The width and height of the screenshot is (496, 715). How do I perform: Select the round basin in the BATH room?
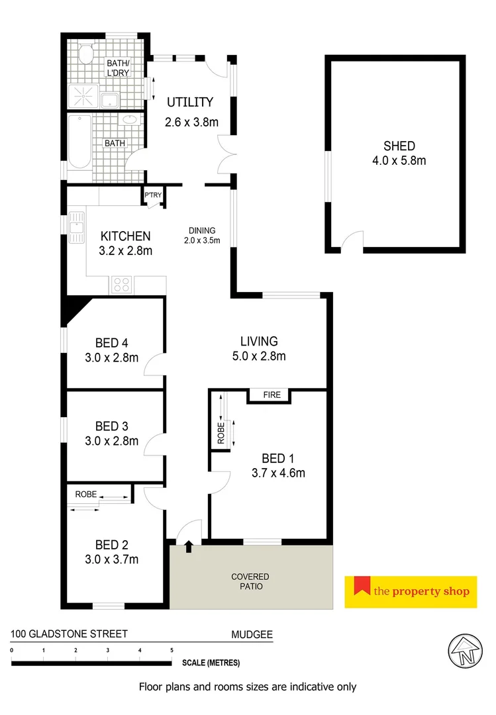(129, 121)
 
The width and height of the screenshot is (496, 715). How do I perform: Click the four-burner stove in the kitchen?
(122, 285)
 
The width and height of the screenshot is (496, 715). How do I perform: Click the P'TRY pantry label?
(153, 195)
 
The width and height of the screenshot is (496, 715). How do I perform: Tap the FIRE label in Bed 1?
(272, 395)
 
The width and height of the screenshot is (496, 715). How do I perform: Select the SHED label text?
(399, 146)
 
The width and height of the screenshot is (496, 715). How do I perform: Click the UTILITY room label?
(190, 102)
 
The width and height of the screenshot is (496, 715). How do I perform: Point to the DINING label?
(201, 230)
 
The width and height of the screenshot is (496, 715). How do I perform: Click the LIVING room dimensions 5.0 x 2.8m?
(259, 357)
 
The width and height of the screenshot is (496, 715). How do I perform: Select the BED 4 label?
(112, 342)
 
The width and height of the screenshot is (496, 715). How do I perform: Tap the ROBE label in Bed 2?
(86, 494)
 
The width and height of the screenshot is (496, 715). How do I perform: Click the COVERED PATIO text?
(250, 581)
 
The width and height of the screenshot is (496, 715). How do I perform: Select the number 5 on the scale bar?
(172, 650)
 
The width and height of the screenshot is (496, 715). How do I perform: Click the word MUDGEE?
(252, 634)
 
